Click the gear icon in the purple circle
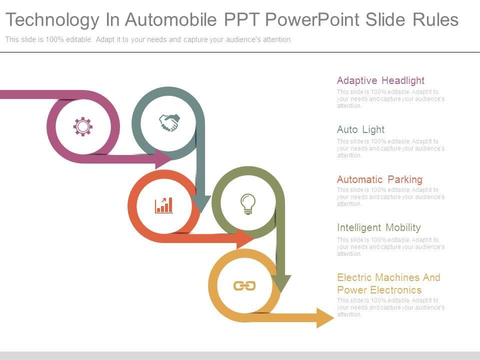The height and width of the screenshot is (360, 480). tap(83, 126)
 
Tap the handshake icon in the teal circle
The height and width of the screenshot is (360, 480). tap(169, 122)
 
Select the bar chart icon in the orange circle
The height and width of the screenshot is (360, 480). tap(164, 205)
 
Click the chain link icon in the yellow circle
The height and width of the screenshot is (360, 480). tap(244, 285)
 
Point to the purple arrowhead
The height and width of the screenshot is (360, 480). tap(164, 158)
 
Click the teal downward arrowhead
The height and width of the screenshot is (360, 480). tap(201, 203)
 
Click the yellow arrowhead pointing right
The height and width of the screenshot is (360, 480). tap(325, 317)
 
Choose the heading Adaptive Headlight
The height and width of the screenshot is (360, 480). tap(380, 80)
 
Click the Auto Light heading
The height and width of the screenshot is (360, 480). tap(360, 129)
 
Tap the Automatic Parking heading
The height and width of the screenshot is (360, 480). tap(379, 179)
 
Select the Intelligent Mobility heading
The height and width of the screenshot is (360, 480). tap(378, 227)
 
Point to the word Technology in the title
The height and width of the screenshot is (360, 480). tap(52, 20)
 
